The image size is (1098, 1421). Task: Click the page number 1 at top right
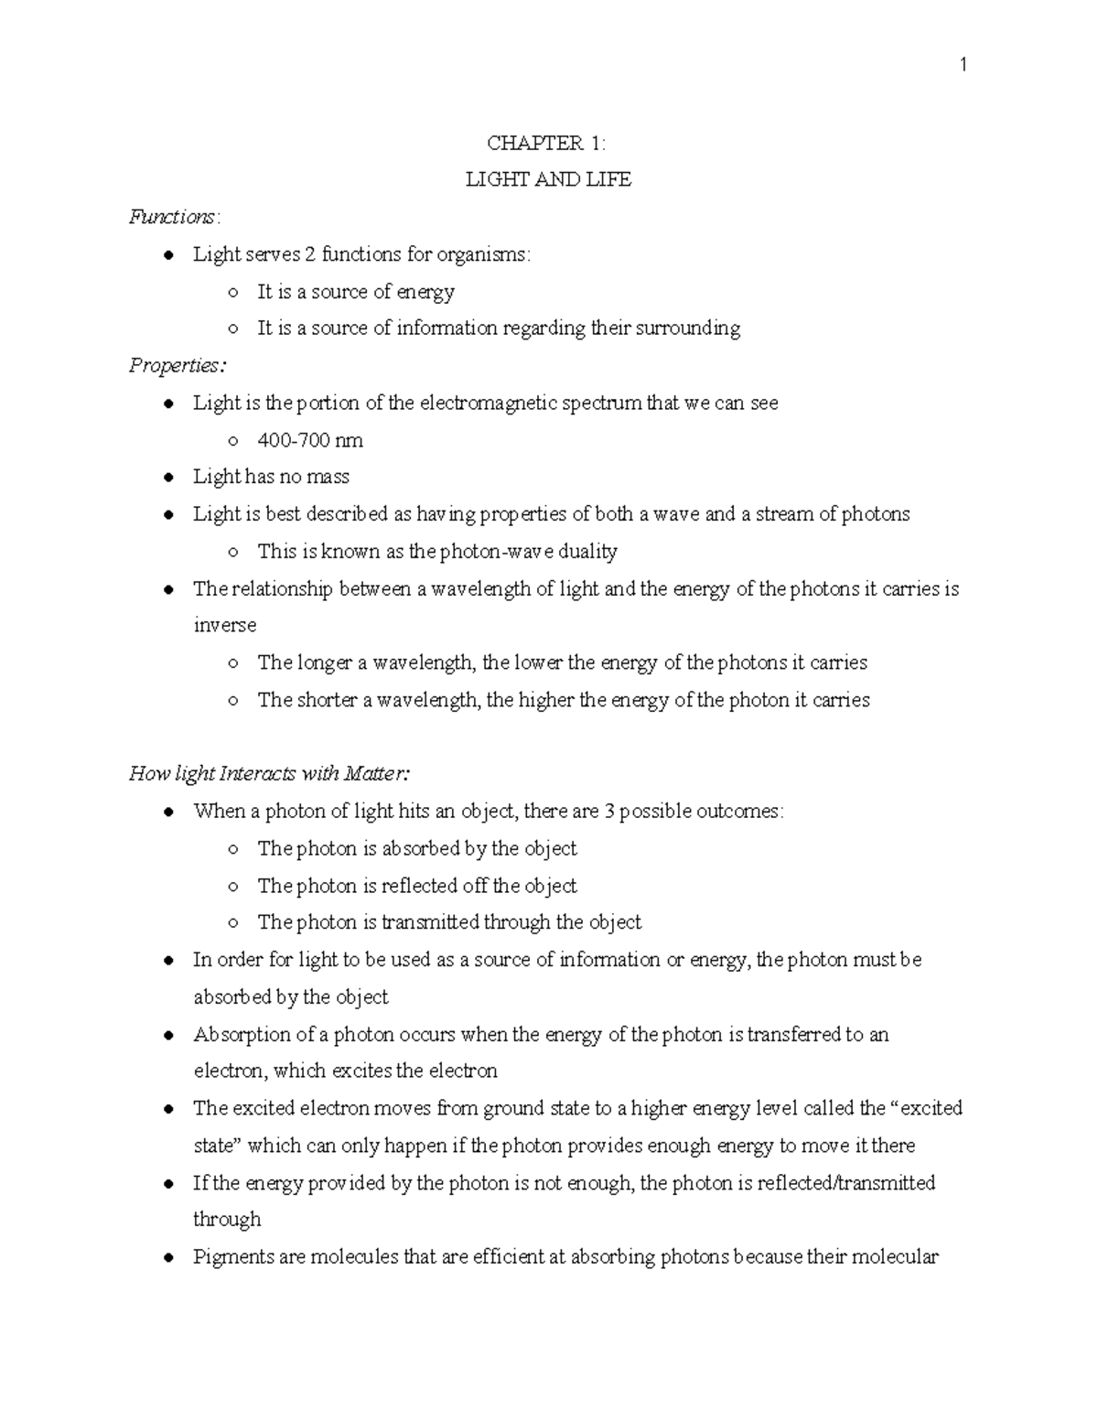pos(962,64)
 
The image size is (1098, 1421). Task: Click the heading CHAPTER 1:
pos(546,143)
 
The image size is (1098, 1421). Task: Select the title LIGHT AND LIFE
pos(548,179)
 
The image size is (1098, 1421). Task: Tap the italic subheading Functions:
pos(174,217)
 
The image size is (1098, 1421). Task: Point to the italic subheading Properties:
pos(177,365)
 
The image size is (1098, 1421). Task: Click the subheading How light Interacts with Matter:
pos(269,774)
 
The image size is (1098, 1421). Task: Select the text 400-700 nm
pos(310,440)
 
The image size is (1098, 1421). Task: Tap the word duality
pos(586,551)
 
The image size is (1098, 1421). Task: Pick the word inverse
pos(224,625)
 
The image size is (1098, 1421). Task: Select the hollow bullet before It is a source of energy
pos(233,292)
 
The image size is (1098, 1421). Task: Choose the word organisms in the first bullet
pos(483,254)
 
